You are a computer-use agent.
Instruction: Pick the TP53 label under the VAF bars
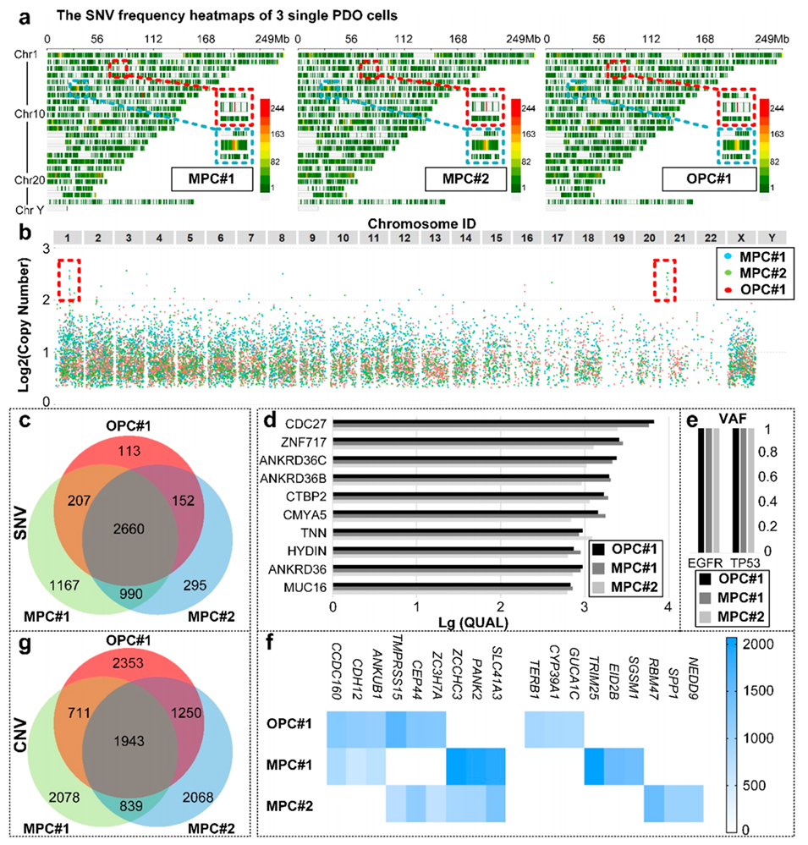[748, 562]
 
